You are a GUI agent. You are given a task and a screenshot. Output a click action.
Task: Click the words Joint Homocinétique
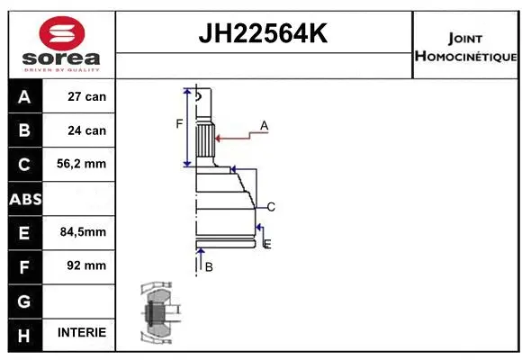465,47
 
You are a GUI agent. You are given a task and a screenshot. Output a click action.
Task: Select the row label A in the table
24,96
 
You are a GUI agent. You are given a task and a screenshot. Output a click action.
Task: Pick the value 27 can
87,96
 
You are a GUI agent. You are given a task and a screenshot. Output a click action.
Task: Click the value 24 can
87,130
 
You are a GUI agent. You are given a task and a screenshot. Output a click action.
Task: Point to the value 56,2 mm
83,164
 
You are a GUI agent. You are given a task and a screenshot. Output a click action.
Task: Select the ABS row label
24,198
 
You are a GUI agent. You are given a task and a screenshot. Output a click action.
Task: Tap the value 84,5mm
83,232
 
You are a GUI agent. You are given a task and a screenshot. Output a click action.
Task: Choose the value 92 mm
87,265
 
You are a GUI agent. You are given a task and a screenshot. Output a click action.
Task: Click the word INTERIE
82,333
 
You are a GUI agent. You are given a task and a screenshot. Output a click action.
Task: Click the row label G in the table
24,299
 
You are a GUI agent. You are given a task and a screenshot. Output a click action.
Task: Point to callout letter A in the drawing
265,125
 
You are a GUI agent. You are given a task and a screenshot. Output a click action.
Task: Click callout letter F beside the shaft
179,123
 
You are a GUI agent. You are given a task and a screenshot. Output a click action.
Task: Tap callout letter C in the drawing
270,207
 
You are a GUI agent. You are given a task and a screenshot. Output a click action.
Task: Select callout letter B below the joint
209,267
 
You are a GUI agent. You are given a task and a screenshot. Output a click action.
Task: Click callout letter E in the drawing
266,244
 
